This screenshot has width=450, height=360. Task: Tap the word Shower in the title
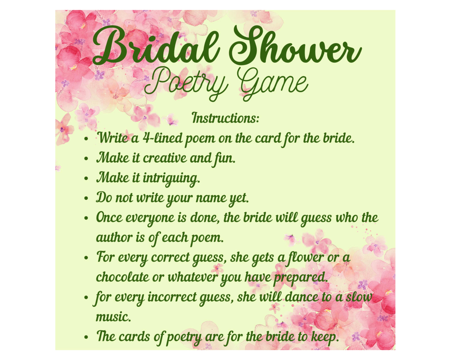click(x=295, y=44)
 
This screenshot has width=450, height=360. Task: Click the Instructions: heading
click(x=225, y=118)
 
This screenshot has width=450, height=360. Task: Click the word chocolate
click(x=122, y=277)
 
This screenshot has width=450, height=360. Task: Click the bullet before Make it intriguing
click(x=86, y=178)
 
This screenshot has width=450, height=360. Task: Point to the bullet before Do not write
click(x=86, y=198)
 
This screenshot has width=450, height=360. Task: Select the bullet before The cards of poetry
click(x=86, y=337)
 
